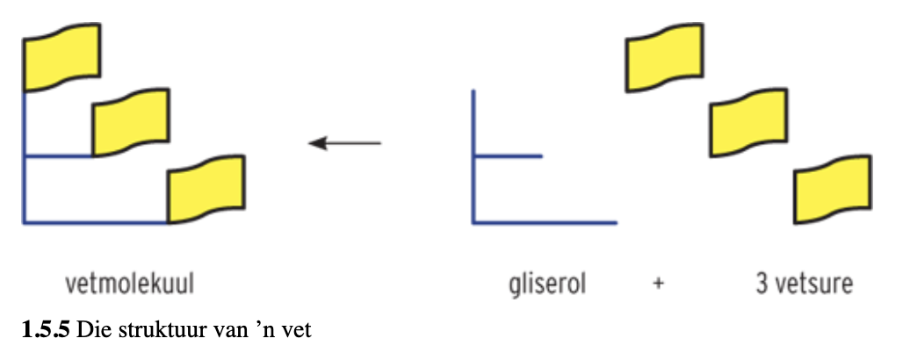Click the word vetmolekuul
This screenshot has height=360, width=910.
pyautogui.click(x=130, y=285)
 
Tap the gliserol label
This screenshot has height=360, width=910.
pyautogui.click(x=547, y=285)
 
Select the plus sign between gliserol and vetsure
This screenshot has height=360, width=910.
pyautogui.click(x=658, y=285)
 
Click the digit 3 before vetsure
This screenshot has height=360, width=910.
pyautogui.click(x=762, y=285)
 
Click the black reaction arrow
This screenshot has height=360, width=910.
pyautogui.click(x=345, y=142)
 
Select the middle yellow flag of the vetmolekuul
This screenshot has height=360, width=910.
pyautogui.click(x=131, y=122)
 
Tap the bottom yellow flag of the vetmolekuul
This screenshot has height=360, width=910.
pyautogui.click(x=206, y=188)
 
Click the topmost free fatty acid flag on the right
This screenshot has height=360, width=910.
pyautogui.click(x=665, y=56)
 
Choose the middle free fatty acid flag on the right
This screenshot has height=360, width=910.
pyautogui.click(x=747, y=122)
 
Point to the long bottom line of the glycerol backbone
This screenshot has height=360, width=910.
pyautogui.click(x=545, y=223)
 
